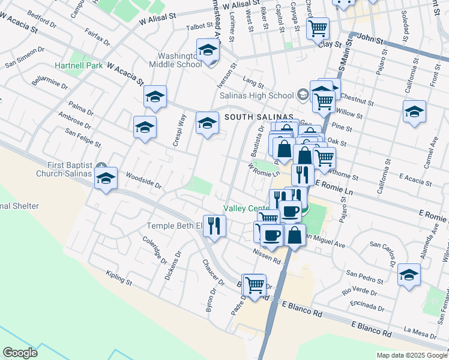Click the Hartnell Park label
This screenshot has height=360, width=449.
pyautogui.click(x=79, y=65)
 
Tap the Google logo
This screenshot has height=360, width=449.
pyautogui.click(x=20, y=353)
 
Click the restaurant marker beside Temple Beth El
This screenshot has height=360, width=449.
pyautogui.click(x=214, y=226)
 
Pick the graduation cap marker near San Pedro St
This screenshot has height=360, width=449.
pyautogui.click(x=409, y=274)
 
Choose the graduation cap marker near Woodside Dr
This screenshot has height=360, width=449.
pyautogui.click(x=106, y=178)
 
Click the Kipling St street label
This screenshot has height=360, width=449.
pyautogui.click(x=119, y=278)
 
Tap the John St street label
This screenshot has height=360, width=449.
pyautogui.click(x=370, y=40)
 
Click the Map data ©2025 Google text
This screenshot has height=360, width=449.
pyautogui.click(x=411, y=355)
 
